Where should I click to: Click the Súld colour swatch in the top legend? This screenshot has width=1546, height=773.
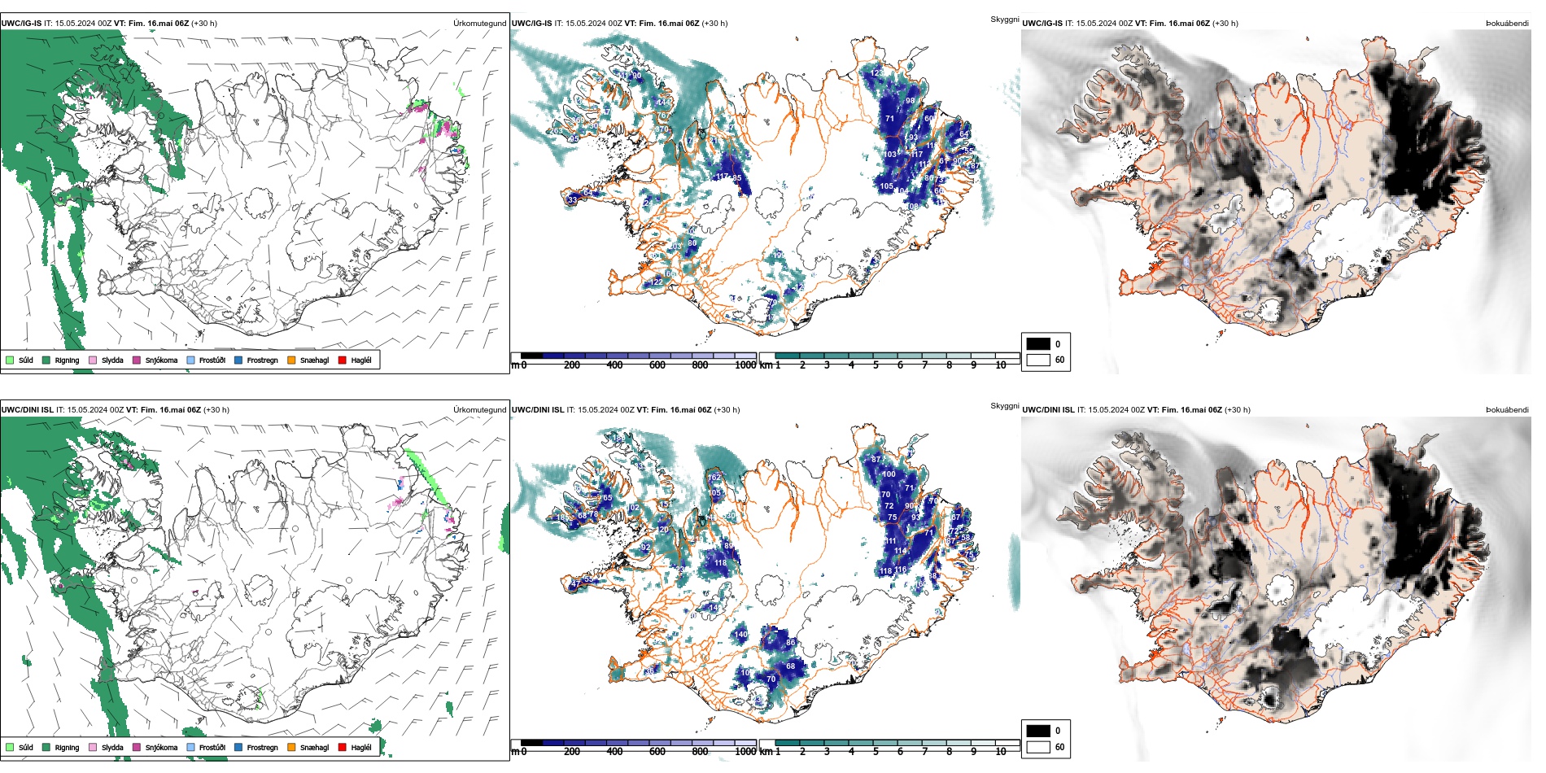click(x=10, y=360)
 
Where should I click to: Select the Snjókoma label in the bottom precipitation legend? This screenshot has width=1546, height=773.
click(x=161, y=747)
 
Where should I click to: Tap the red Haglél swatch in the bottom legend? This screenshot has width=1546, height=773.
click(x=343, y=747)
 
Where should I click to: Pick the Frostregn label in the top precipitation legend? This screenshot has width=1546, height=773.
click(x=262, y=360)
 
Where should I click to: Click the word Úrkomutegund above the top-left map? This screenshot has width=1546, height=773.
click(x=479, y=24)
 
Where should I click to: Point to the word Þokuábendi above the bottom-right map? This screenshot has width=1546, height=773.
click(x=1507, y=410)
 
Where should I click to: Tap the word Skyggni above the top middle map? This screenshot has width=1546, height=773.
click(x=1004, y=20)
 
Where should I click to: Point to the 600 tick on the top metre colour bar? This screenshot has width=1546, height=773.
click(x=657, y=365)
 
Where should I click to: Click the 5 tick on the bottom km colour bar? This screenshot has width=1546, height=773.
click(x=876, y=752)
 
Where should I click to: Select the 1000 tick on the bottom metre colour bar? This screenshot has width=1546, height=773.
click(x=745, y=752)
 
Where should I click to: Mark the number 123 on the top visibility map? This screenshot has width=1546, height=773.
click(x=877, y=73)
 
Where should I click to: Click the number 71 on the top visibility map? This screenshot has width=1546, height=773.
click(x=889, y=119)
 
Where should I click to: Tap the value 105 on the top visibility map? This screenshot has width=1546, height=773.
click(x=886, y=186)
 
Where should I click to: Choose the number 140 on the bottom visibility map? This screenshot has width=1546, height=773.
click(x=741, y=635)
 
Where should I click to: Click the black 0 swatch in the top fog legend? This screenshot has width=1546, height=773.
click(x=1038, y=343)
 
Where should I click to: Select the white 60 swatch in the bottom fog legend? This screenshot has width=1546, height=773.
click(x=1038, y=747)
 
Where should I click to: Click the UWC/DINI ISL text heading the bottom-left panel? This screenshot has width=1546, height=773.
click(x=27, y=410)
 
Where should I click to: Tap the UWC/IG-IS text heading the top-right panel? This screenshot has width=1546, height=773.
click(x=1042, y=24)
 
